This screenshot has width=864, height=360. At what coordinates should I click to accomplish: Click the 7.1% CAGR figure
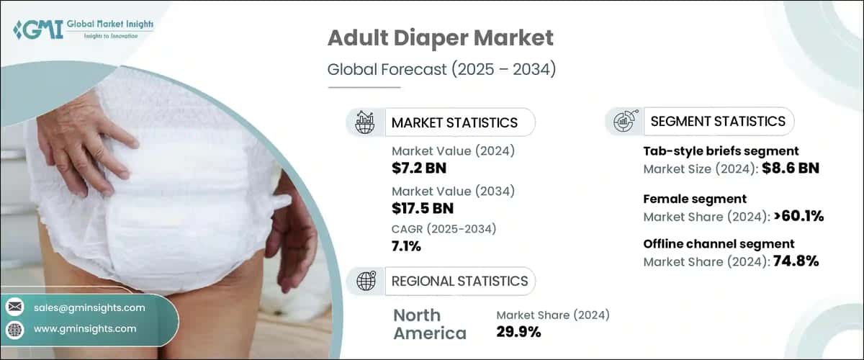pyautogui.click(x=407, y=246)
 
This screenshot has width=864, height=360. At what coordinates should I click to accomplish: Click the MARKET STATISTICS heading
pyautogui.click(x=454, y=122)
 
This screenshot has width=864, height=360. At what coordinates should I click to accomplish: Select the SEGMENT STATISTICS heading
pyautogui.click(x=718, y=122)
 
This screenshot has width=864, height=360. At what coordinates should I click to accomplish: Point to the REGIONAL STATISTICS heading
pyautogui.click(x=459, y=281)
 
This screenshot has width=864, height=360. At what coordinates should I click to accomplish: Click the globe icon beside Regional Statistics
pyautogui.click(x=366, y=281)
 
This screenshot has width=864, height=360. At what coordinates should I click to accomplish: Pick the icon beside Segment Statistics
pyautogui.click(x=624, y=121)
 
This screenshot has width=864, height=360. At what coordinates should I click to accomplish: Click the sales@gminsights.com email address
pyautogui.click(x=89, y=307)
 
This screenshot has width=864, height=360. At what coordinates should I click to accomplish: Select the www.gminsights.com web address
pyautogui.click(x=85, y=329)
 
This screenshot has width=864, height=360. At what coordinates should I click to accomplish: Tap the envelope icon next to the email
pyautogui.click(x=14, y=307)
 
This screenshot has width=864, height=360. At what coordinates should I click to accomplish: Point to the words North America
pyautogui.click(x=429, y=324)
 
